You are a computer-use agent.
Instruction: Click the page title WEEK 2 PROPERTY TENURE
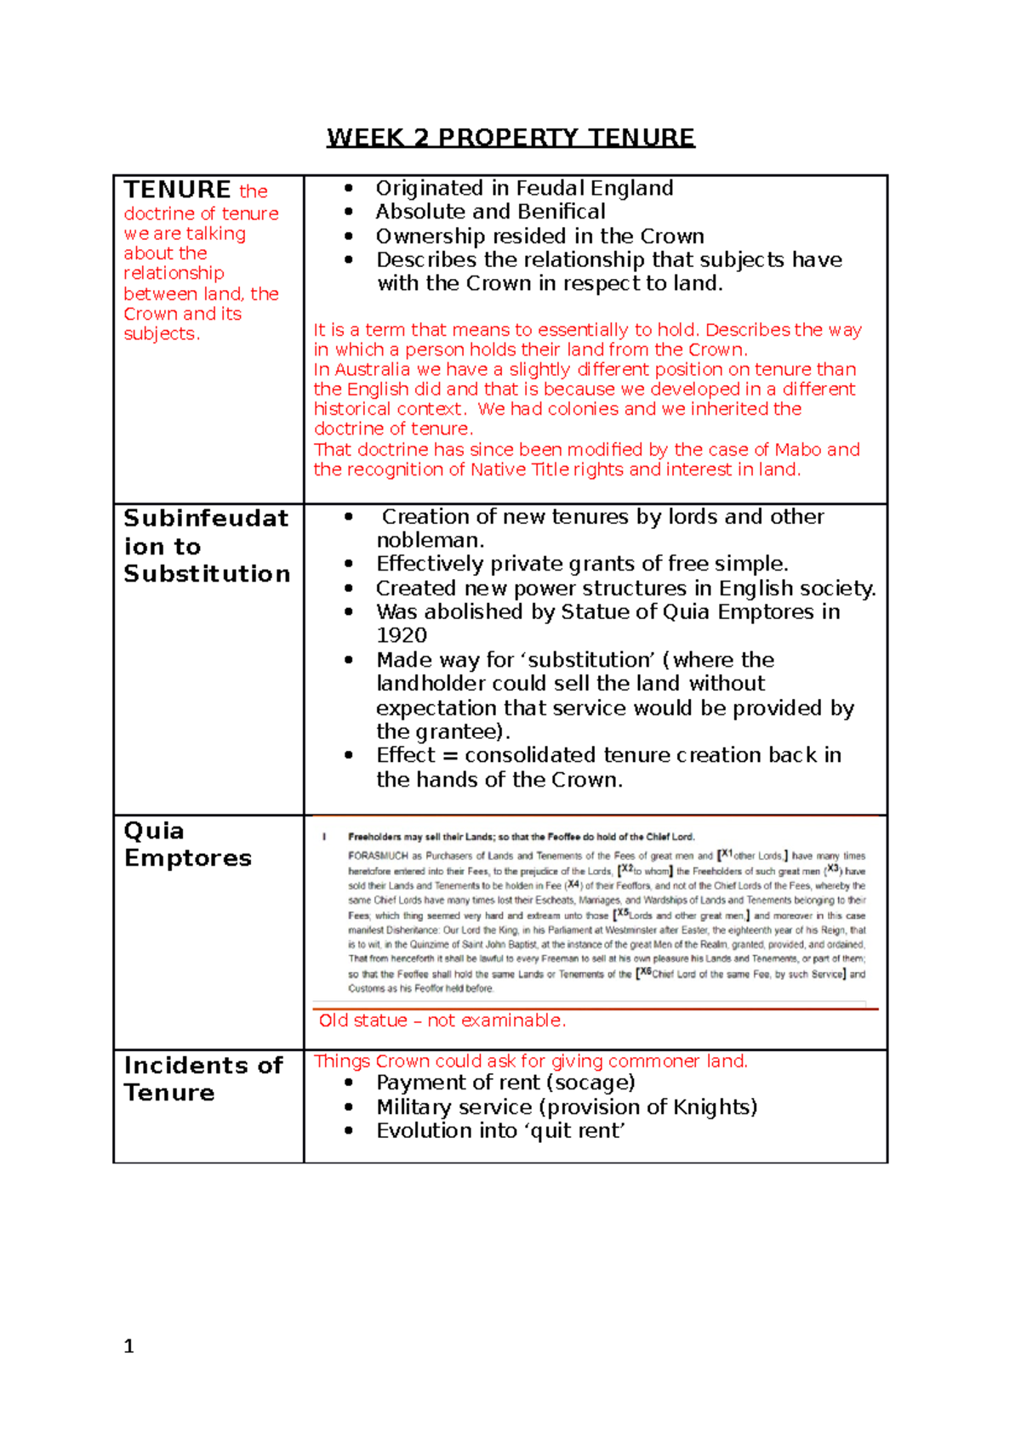pyautogui.click(x=510, y=138)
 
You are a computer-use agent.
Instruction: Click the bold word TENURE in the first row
pyautogui.click(x=177, y=190)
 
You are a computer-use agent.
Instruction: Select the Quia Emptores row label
pyautogui.click(x=187, y=844)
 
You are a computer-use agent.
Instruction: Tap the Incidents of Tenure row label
pyautogui.click(x=202, y=1078)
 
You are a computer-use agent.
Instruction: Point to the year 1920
pyautogui.click(x=402, y=636)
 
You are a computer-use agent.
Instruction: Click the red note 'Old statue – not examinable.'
pyautogui.click(x=442, y=1020)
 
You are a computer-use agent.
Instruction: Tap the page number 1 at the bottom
pyautogui.click(x=128, y=1346)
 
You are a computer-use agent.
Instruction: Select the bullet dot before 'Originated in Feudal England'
pyautogui.click(x=349, y=189)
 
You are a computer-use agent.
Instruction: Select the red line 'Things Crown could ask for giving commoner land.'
pyautogui.click(x=530, y=1061)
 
